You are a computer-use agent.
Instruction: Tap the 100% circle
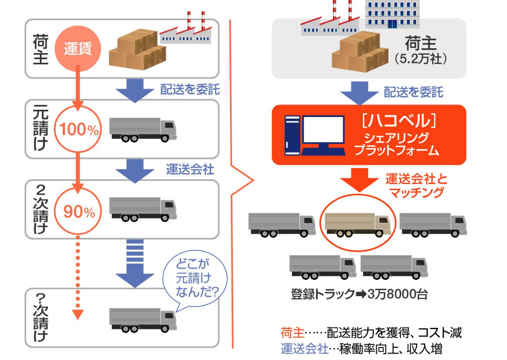(x=78, y=130)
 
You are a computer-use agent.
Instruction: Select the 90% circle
(x=78, y=211)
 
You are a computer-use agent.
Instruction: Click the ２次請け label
(x=40, y=209)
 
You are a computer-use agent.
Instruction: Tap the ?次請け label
(x=40, y=317)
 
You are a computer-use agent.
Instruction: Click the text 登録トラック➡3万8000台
(x=359, y=294)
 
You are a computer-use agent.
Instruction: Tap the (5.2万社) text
(x=420, y=59)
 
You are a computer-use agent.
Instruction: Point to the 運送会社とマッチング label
(x=416, y=185)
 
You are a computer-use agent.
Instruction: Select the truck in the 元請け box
(x=143, y=129)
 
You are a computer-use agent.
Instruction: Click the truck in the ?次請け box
(x=143, y=319)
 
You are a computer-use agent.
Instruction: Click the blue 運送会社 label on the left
(x=190, y=169)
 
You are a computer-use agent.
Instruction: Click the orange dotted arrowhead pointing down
(x=78, y=315)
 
